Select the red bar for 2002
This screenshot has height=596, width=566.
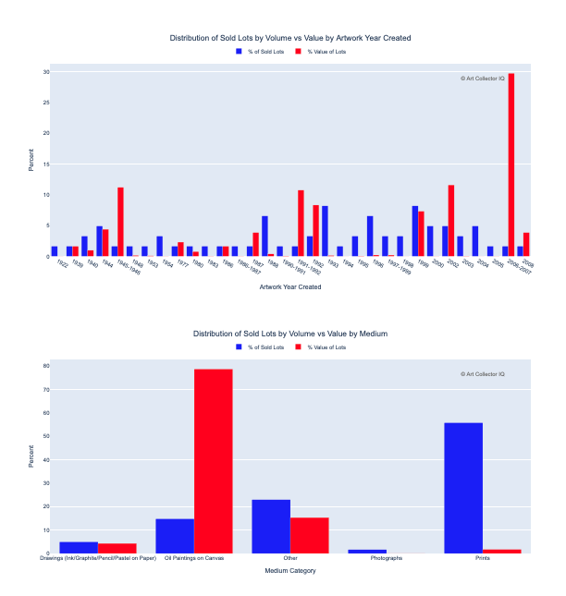coord(451,221)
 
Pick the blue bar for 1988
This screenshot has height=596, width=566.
coord(265,236)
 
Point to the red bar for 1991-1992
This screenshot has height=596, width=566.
coord(301,224)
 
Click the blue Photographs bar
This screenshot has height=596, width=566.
coord(367,552)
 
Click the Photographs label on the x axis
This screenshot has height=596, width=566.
coord(387,559)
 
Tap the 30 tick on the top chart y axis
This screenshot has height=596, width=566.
coord(45,71)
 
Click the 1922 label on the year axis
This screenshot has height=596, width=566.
coord(62,265)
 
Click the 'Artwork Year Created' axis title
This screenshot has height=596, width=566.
coord(290,287)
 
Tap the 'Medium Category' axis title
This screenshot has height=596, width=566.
coord(290,571)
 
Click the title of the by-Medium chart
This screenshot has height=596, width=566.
coord(290,333)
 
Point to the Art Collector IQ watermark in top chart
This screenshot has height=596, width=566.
coord(483,79)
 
